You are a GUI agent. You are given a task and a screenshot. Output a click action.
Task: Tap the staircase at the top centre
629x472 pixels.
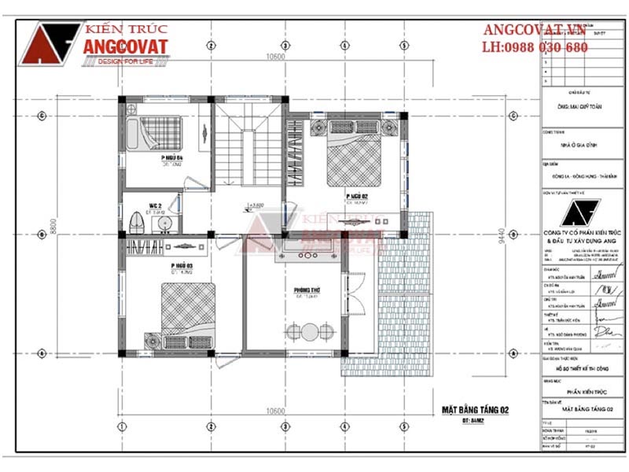[248, 149]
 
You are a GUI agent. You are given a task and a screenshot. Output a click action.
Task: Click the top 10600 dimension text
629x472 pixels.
[274, 56]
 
